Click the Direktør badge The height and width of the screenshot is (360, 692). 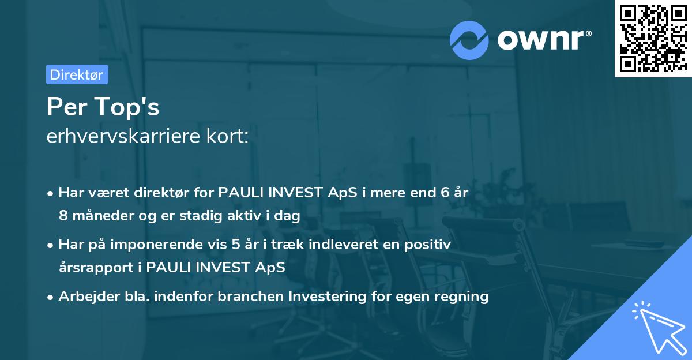click(x=77, y=74)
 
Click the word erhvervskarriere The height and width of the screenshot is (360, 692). click(x=119, y=137)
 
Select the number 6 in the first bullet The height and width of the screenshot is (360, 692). click(x=445, y=193)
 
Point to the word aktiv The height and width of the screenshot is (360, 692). click(x=234, y=216)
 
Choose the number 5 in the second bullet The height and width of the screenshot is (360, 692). click(x=236, y=245)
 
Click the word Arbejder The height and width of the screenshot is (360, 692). click(x=84, y=297)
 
